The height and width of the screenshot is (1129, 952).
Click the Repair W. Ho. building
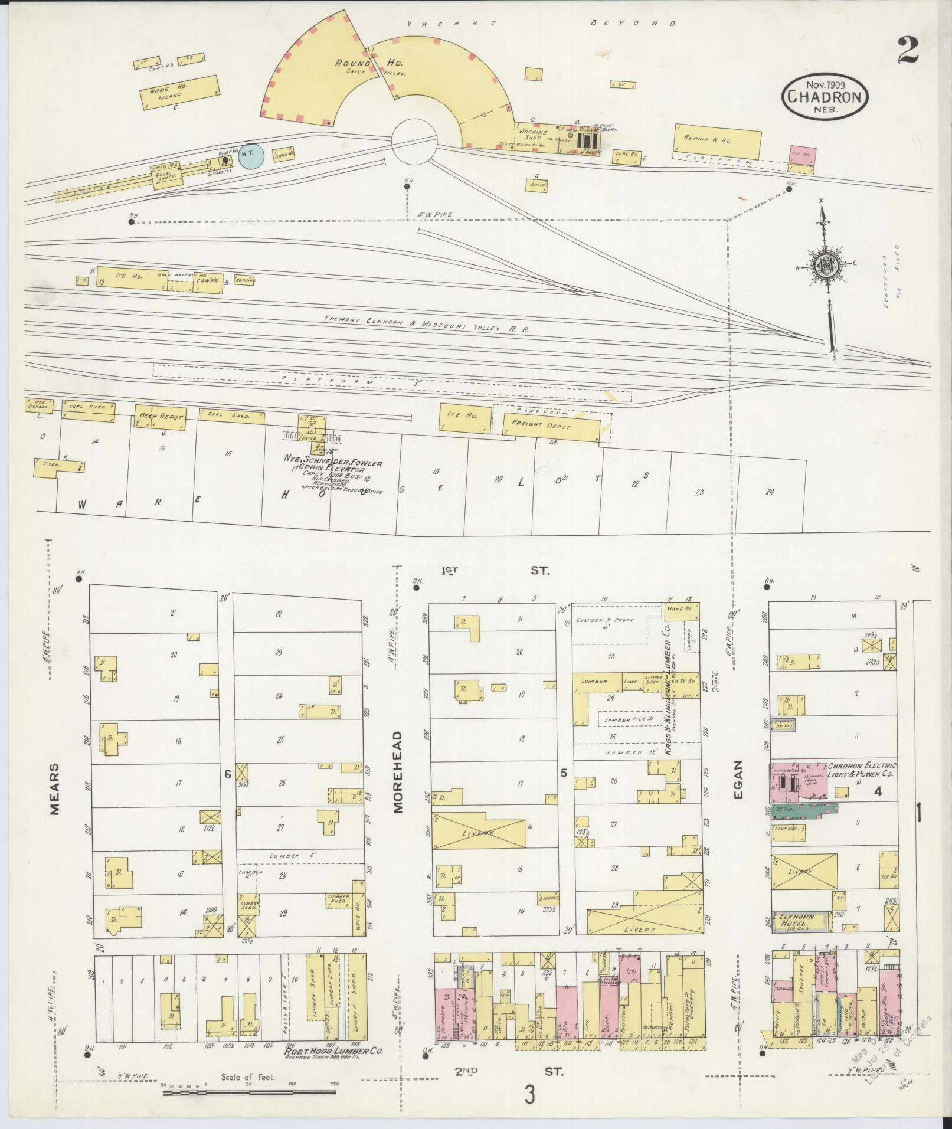click(718, 140)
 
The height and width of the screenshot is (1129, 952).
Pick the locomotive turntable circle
click(415, 141)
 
